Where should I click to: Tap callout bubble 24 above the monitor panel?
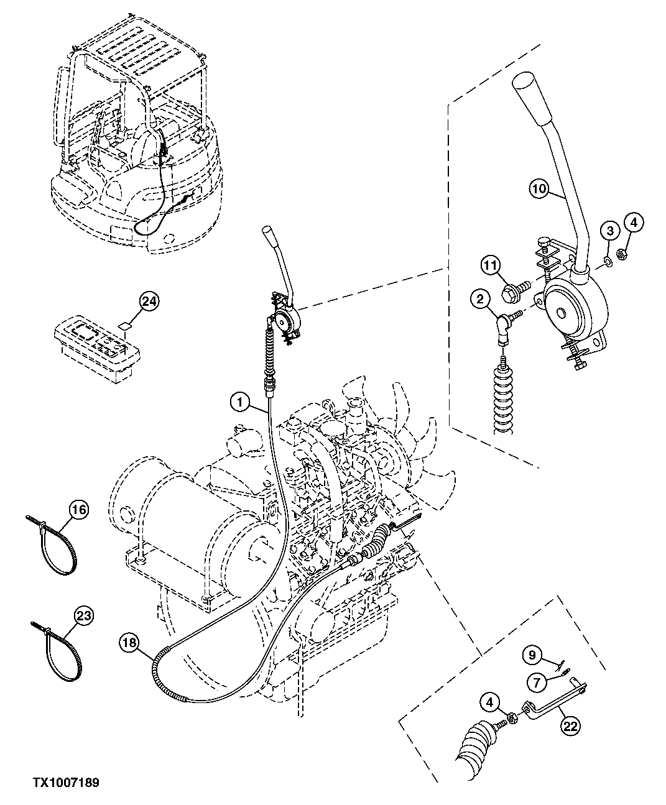[x=149, y=302]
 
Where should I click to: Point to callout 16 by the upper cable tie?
[x=78, y=510]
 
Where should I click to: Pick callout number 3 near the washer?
[x=610, y=231]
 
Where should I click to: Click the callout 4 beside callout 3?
[x=634, y=222]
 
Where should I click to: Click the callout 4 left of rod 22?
[x=490, y=704]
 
